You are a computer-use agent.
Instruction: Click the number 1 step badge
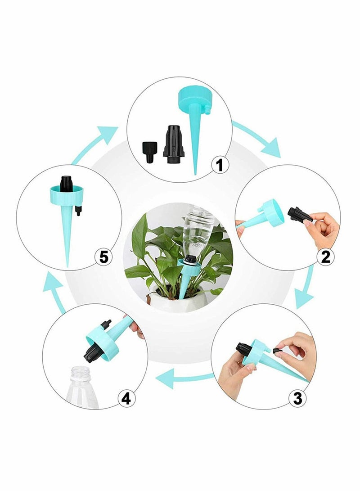coord(219,165)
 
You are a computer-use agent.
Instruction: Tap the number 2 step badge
coord(325,256)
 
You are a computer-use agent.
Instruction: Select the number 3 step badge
coord(297,397)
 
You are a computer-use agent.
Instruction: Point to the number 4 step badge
coord(126,398)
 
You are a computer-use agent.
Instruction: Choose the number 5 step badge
coord(103,257)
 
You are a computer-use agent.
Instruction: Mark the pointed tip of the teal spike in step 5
coord(68,263)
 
